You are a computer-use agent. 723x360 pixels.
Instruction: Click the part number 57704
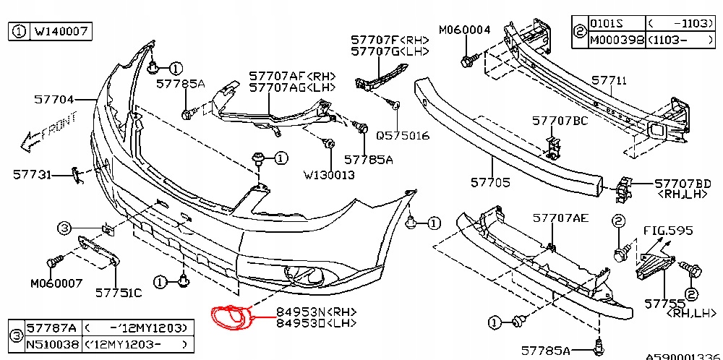(x=54, y=100)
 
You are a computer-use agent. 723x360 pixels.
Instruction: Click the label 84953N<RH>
(x=316, y=312)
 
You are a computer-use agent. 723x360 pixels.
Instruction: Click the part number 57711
(x=609, y=80)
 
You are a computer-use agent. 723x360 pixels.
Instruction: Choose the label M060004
(x=464, y=30)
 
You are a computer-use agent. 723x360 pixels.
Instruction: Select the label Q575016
(x=403, y=135)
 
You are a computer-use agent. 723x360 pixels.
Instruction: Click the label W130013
(x=329, y=174)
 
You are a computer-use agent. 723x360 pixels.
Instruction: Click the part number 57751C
(x=119, y=293)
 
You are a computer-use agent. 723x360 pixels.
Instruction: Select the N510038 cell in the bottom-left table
(x=53, y=345)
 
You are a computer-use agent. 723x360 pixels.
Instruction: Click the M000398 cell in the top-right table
(x=616, y=40)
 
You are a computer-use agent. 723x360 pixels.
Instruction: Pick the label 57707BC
(x=560, y=121)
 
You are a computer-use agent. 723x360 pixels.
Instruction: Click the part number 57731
(x=33, y=174)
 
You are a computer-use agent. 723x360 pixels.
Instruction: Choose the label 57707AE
(x=560, y=217)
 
